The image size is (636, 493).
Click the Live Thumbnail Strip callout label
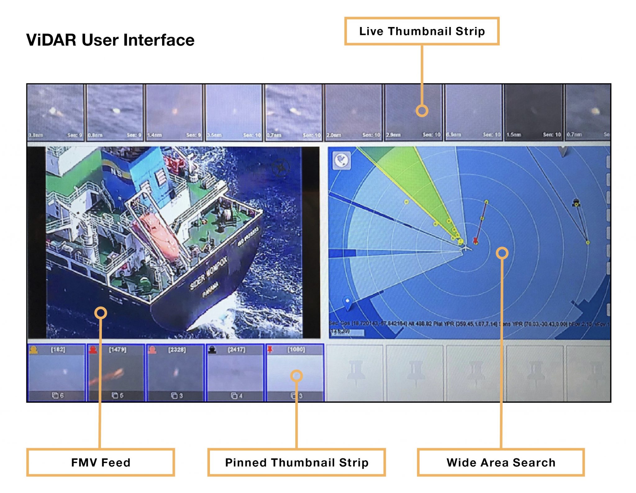421,31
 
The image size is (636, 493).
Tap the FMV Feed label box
101,462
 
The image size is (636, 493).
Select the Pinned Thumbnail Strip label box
297,462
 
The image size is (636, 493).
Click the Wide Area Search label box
501,462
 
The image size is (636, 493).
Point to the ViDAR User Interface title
110,40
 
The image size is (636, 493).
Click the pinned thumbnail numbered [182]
56,373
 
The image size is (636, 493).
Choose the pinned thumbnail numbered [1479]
116,373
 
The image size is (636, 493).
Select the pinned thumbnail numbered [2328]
176,373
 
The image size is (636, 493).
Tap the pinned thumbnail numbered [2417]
235,373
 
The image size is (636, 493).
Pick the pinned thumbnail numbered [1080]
295,373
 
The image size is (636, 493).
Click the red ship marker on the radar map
475,241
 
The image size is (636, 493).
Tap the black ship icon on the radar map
576,202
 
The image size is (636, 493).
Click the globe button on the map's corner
342,160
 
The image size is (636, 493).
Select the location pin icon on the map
348,303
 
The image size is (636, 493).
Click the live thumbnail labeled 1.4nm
174,112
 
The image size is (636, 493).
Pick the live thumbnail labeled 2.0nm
353,112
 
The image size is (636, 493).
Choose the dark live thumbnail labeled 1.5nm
534,112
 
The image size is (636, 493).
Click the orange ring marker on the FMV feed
101,313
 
